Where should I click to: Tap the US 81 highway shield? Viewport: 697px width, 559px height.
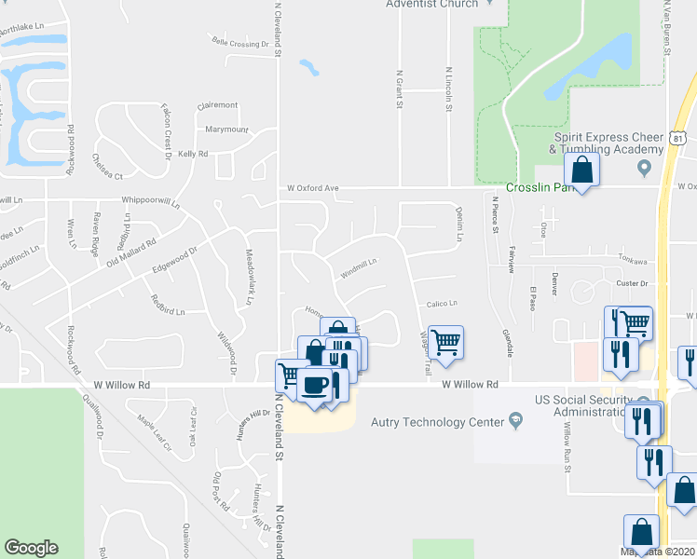(x=679, y=138)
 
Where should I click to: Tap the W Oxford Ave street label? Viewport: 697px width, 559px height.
(x=312, y=187)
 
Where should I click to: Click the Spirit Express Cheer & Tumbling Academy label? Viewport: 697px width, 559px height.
(x=604, y=143)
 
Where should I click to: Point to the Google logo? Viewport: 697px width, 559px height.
(x=31, y=548)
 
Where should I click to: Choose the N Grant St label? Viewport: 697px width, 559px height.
(x=399, y=89)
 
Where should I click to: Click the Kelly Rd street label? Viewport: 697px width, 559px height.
(x=192, y=154)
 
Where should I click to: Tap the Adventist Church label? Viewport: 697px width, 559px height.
(x=432, y=4)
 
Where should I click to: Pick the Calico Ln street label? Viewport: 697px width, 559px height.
(x=442, y=304)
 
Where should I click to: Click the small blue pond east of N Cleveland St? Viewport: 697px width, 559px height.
(x=308, y=67)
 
